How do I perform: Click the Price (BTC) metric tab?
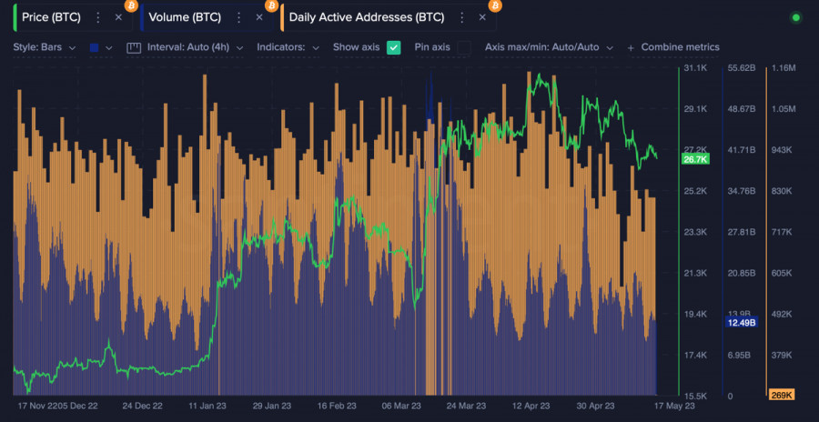tap(51, 17)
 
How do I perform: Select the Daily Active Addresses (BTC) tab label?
tap(366, 17)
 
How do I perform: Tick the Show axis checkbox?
tap(394, 47)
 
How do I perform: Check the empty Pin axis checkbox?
tap(463, 47)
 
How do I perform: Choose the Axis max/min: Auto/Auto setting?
tap(549, 47)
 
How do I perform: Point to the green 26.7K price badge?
tap(694, 159)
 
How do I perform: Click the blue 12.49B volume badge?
tap(742, 322)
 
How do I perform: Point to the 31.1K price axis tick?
tap(695, 68)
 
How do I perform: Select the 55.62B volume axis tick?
tap(743, 68)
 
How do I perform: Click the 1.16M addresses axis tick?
tap(784, 68)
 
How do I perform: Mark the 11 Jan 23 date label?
tap(207, 407)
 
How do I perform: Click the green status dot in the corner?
tap(795, 17)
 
